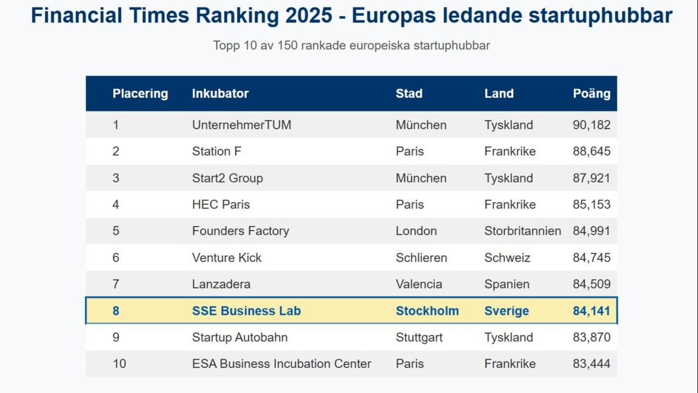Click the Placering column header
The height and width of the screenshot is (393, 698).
point(140,93)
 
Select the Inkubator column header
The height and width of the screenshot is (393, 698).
point(220,93)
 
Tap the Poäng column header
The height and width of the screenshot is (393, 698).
point(591,93)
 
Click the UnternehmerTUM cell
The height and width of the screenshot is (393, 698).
point(241,125)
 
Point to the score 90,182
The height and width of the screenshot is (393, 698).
point(591,125)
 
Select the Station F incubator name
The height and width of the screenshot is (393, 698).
point(216,152)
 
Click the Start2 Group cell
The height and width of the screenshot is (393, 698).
point(227,178)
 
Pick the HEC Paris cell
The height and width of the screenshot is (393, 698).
point(221,204)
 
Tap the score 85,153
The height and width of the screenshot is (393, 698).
point(591,204)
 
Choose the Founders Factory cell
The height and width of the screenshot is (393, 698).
point(240,231)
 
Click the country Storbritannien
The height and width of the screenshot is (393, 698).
point(523,231)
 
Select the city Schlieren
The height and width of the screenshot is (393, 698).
point(421,258)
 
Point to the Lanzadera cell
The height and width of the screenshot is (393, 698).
point(221,284)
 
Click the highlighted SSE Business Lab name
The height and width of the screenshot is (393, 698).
point(246,311)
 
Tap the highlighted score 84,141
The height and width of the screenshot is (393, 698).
point(591,311)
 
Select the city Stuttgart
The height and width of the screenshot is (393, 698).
point(419,337)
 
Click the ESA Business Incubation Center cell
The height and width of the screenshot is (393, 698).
point(281,364)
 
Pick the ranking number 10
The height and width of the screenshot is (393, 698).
point(119,364)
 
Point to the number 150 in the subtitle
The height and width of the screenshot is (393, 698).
point(287,45)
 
